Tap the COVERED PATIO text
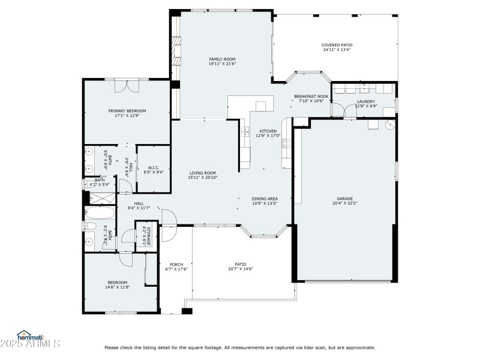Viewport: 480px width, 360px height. point(337,45)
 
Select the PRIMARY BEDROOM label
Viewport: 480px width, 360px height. point(127,111)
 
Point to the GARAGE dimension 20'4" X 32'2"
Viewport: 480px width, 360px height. point(344,203)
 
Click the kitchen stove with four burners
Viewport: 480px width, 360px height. point(287,143)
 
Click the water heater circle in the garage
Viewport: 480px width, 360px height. point(389,125)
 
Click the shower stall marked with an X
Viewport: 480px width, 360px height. point(95,196)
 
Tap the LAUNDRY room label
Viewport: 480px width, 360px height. point(365,101)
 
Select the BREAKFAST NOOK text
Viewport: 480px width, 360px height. point(311,96)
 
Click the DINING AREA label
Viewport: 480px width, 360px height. point(264,199)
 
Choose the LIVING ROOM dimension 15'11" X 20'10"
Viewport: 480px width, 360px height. point(202,178)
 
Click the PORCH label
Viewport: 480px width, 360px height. point(176,265)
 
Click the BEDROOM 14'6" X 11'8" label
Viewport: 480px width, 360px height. point(118,283)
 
